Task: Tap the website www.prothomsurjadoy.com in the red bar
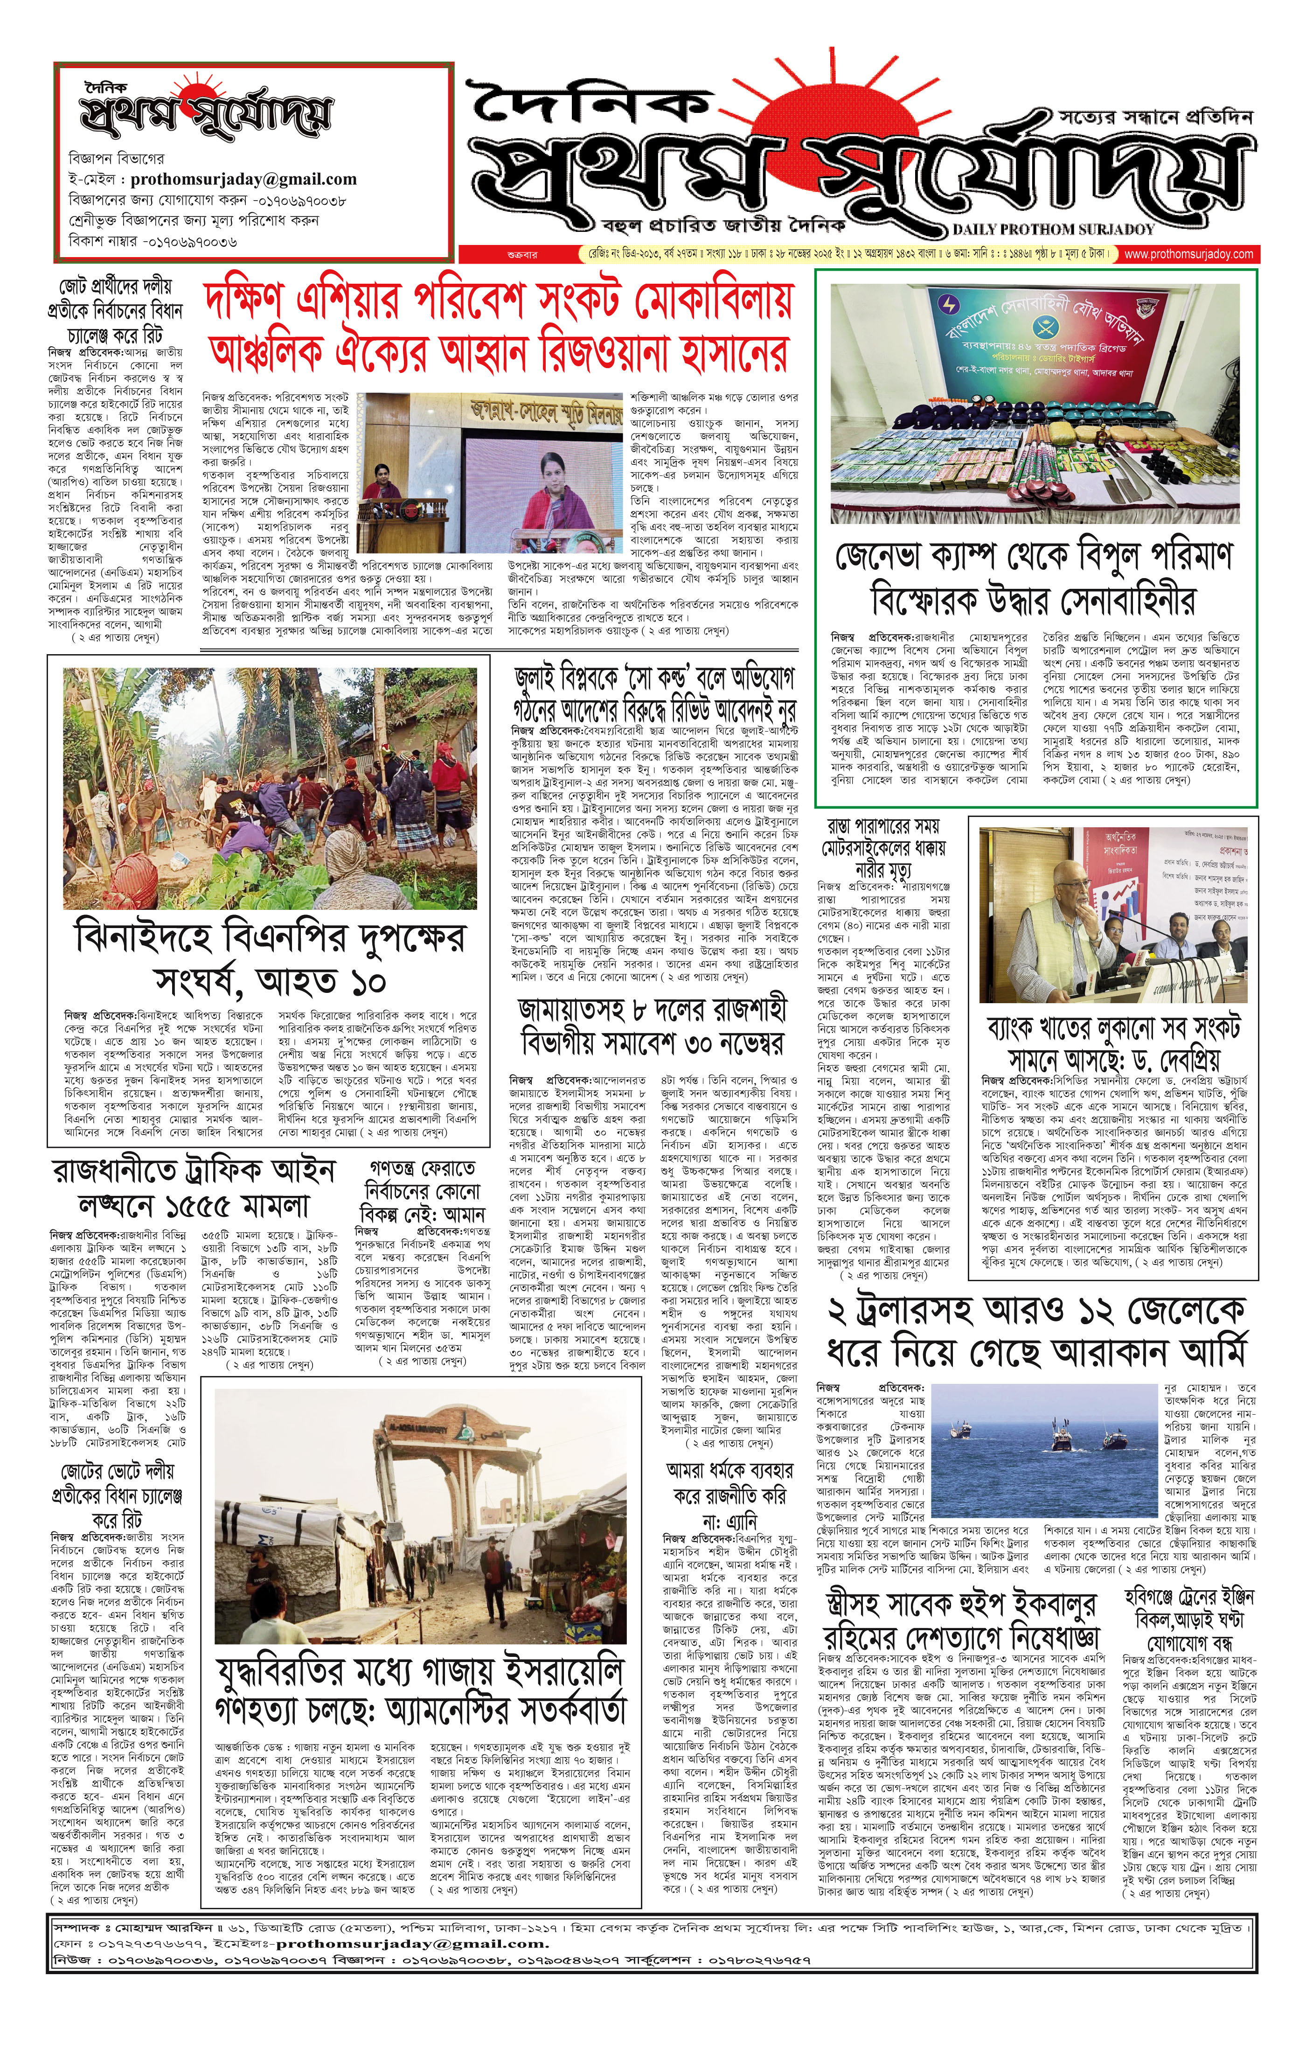tap(1188, 254)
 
